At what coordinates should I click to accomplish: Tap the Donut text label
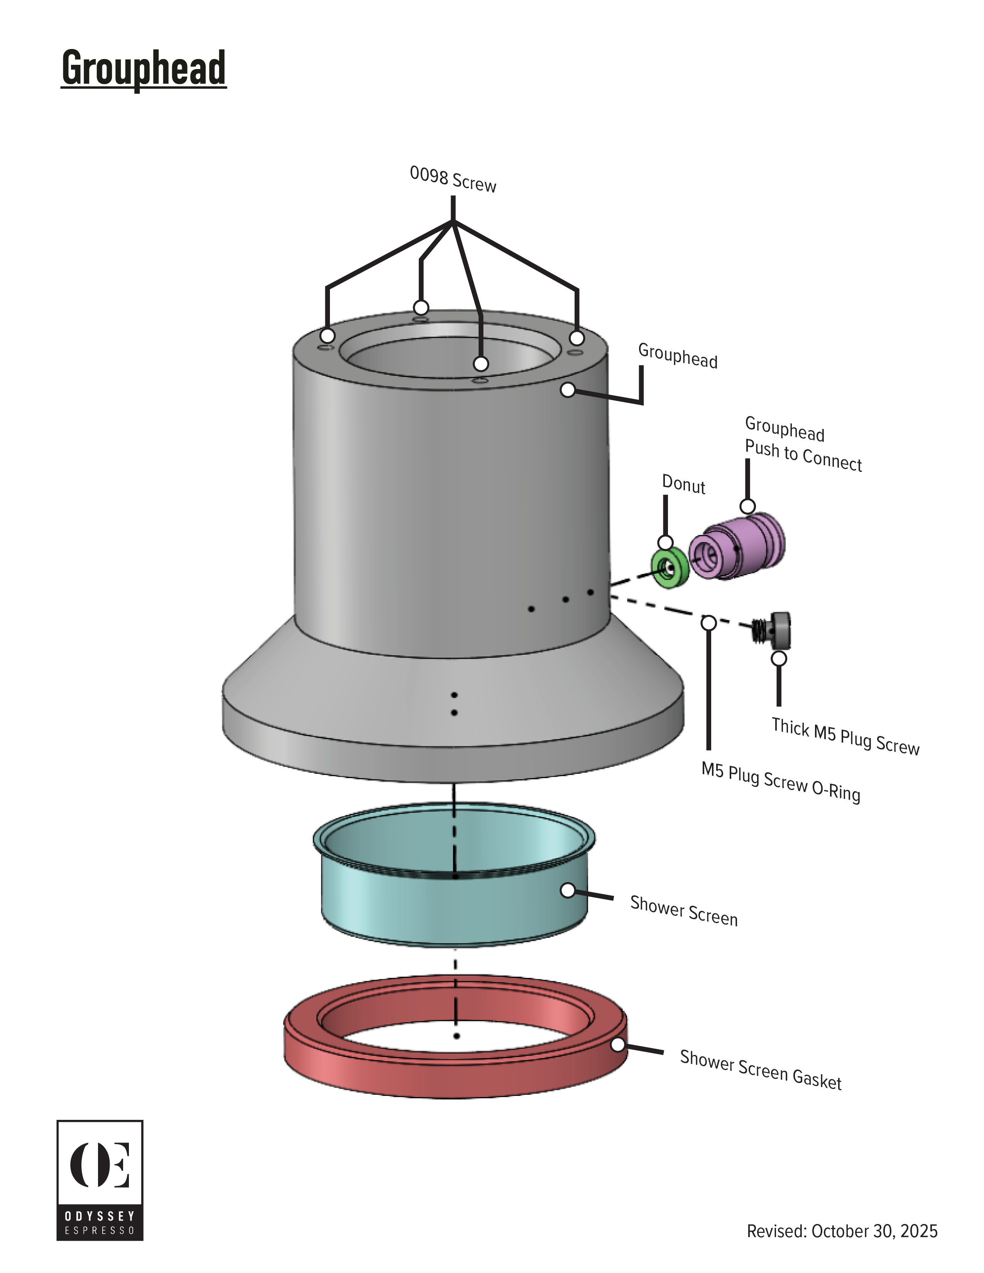[x=683, y=485]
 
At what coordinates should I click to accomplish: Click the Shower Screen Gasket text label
[x=760, y=1070]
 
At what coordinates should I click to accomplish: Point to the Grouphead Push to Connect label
[x=802, y=444]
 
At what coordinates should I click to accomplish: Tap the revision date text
[x=842, y=1231]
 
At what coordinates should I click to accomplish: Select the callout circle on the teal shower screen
[x=568, y=890]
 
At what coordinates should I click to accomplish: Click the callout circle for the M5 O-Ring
[x=708, y=623]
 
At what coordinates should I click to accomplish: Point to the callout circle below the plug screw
[x=779, y=658]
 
